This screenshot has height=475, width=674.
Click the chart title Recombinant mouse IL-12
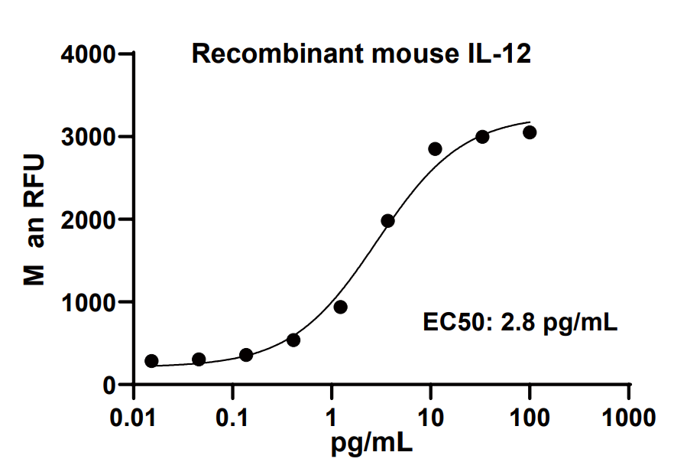(361, 54)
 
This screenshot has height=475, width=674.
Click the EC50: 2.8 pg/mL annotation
(520, 322)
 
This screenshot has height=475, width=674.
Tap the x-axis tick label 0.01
(134, 418)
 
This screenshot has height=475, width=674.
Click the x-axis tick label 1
(332, 418)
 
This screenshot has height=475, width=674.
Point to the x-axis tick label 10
(431, 418)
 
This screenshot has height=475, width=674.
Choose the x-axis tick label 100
(530, 418)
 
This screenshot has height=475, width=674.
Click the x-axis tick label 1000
(628, 418)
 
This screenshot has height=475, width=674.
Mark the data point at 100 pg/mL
(530, 132)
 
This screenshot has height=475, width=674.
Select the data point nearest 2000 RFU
(388, 221)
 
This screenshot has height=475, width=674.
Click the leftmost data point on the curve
(151, 361)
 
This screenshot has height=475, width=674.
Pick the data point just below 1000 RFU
(341, 307)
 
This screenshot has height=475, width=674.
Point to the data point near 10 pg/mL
(435, 148)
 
